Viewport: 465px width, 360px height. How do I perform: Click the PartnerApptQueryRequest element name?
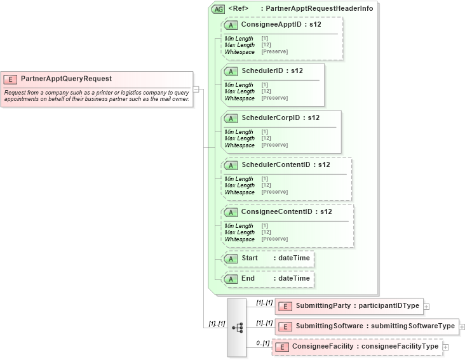(66, 79)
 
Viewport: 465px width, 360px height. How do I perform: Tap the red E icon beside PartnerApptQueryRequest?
(10, 79)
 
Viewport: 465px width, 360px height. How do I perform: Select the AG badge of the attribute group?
(218, 10)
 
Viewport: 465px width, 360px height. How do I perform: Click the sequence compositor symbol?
(238, 328)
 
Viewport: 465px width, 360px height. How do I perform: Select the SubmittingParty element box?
(349, 306)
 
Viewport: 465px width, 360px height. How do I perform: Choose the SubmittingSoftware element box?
(367, 326)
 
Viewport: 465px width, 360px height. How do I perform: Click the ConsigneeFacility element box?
(357, 347)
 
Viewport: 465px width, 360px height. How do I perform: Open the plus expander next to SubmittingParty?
(427, 307)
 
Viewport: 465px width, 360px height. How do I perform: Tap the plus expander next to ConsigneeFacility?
(445, 347)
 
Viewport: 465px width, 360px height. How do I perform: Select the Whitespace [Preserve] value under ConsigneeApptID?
(274, 51)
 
